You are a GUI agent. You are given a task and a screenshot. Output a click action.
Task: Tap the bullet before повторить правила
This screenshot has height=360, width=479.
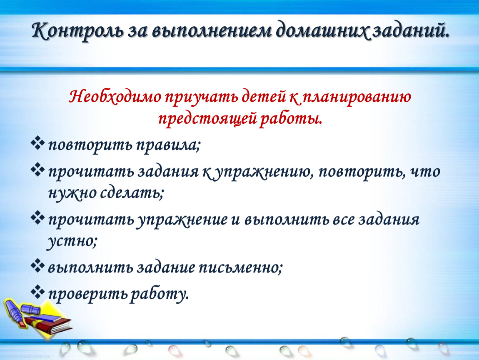click(37, 143)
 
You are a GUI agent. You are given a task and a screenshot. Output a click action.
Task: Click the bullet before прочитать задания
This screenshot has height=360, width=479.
click(37, 170)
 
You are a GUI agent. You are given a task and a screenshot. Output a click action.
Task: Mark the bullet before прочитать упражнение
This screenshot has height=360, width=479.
click(37, 218)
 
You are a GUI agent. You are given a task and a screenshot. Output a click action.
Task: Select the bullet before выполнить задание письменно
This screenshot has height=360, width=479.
click(37, 265)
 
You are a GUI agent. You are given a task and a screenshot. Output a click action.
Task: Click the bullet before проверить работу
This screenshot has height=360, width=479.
click(37, 292)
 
